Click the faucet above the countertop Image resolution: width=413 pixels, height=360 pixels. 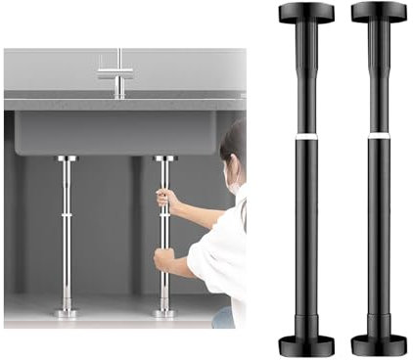tap(117, 74)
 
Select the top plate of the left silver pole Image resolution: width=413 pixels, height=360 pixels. tap(67, 157)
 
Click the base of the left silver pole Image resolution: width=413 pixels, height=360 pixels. tap(67, 312)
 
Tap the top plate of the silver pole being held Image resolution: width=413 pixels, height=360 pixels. tap(163, 157)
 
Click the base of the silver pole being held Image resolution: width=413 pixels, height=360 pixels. tap(163, 312)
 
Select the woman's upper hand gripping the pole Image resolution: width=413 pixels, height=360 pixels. tap(168, 200)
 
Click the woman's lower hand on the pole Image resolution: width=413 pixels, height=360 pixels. tap(164, 260)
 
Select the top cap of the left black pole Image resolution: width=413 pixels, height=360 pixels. tap(305, 13)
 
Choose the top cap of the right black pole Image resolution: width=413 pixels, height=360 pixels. tap(378, 13)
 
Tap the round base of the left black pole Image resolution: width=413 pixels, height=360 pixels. tap(305, 345)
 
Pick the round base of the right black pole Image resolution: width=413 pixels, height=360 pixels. tap(379, 345)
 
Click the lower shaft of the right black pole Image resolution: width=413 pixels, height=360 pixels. tap(379, 235)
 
